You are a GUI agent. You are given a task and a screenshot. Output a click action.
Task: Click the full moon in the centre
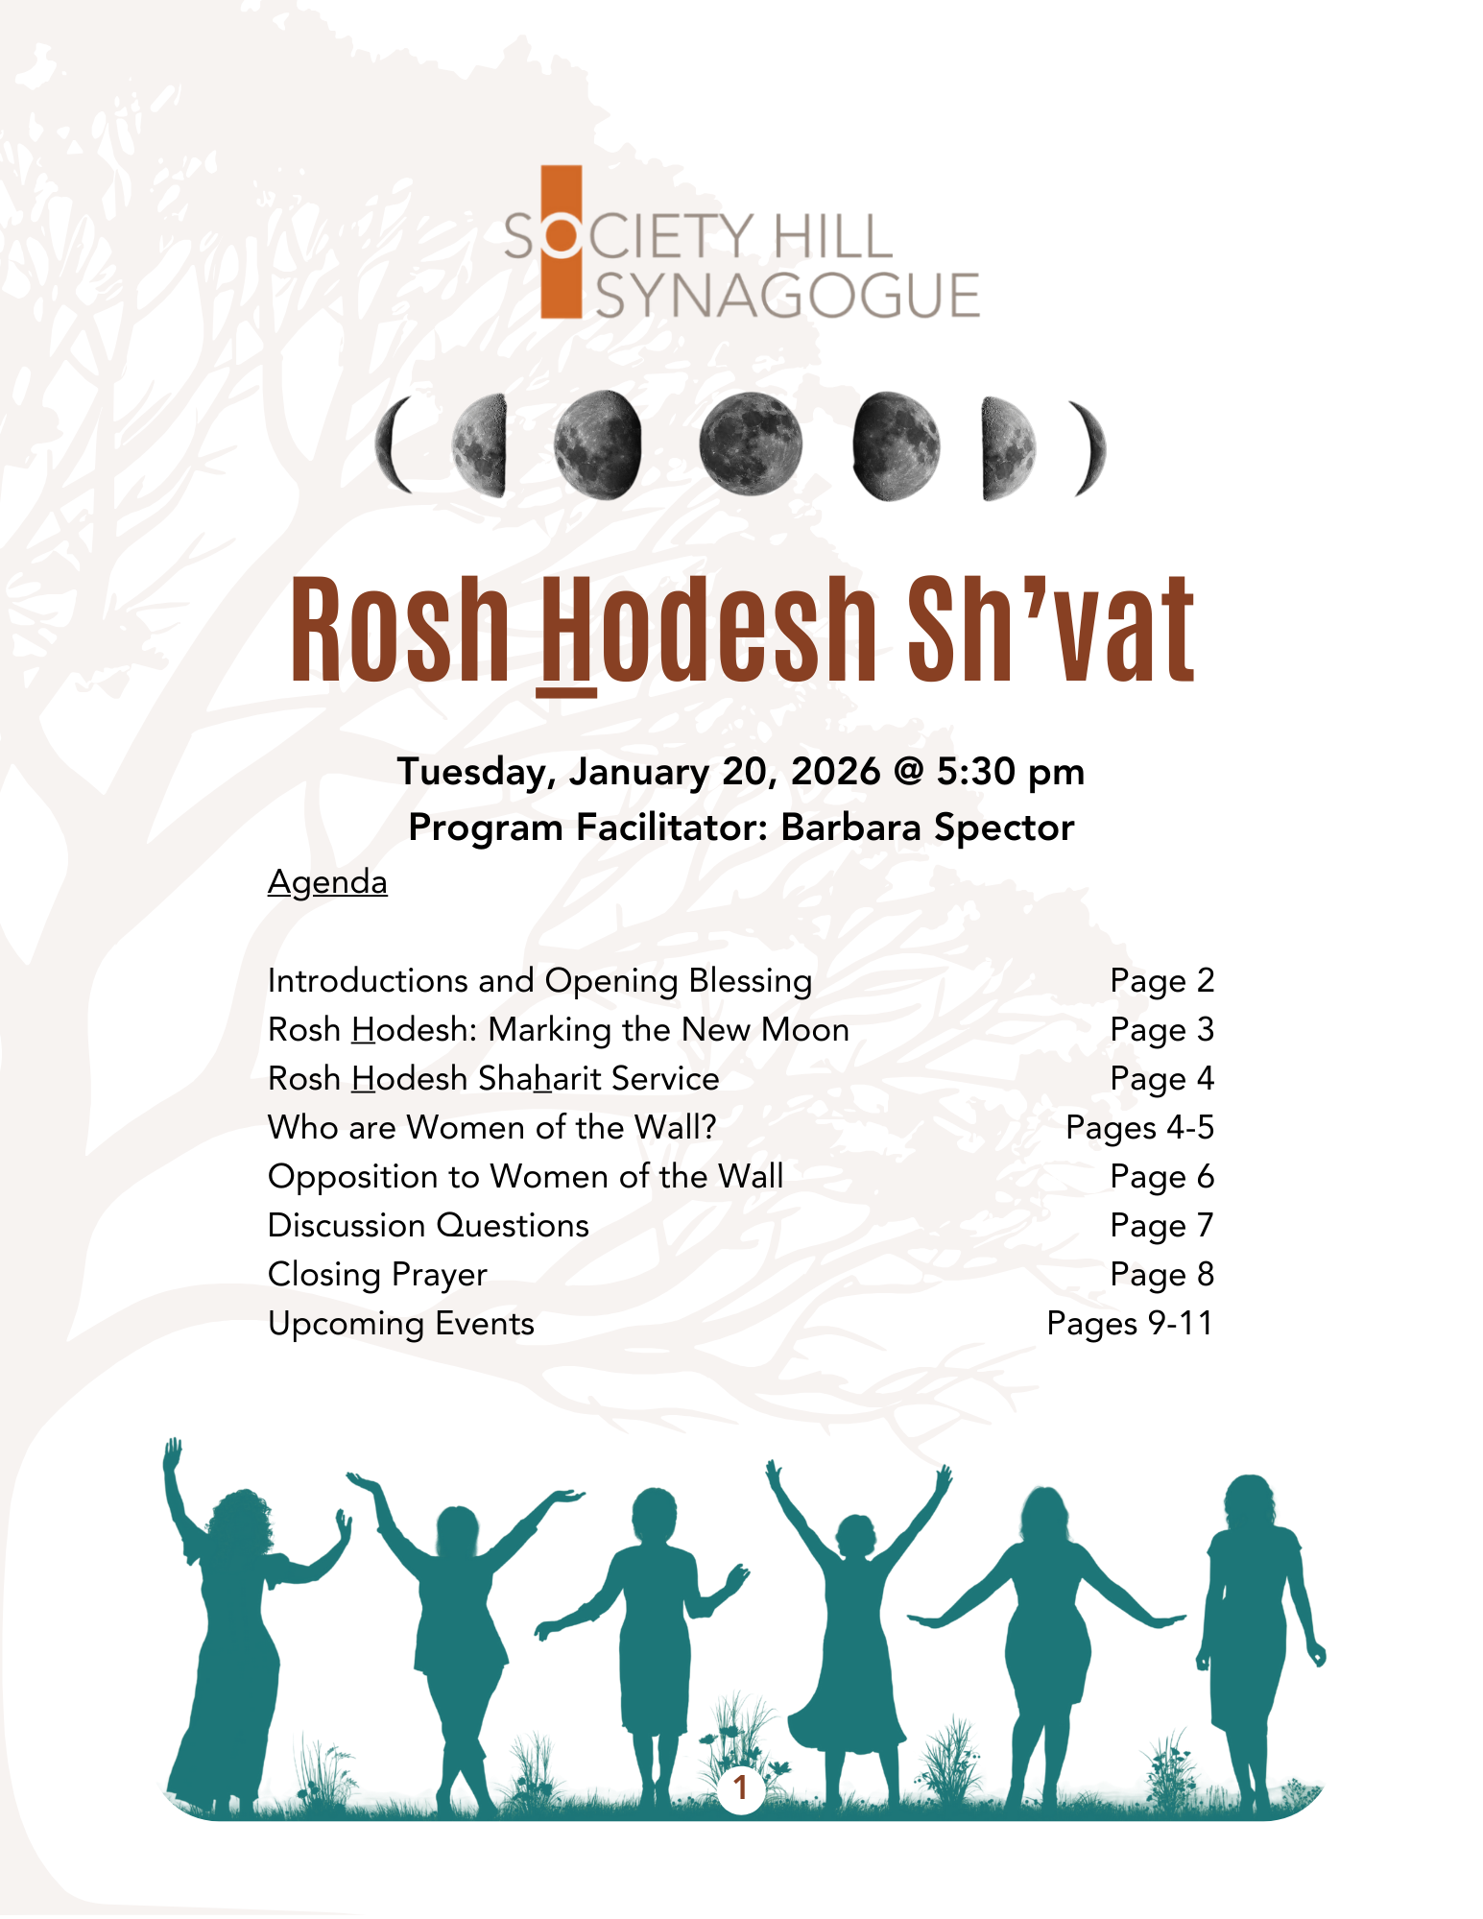click(750, 445)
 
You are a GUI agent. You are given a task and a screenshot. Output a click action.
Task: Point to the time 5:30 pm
click(1011, 772)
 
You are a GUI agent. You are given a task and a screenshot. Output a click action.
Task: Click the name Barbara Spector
click(927, 828)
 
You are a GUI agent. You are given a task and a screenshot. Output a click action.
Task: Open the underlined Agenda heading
click(327, 882)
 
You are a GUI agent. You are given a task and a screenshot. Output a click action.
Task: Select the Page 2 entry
click(1161, 981)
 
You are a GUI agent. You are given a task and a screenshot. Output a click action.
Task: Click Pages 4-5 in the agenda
click(1139, 1128)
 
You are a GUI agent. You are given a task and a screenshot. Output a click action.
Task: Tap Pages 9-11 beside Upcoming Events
click(1130, 1324)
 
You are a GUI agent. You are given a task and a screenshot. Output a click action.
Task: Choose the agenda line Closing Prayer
click(377, 1275)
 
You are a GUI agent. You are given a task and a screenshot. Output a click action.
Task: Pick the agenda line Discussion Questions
click(428, 1226)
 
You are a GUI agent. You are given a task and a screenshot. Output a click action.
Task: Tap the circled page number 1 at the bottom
click(740, 1787)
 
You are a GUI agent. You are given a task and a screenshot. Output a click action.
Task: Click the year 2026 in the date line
click(835, 772)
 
